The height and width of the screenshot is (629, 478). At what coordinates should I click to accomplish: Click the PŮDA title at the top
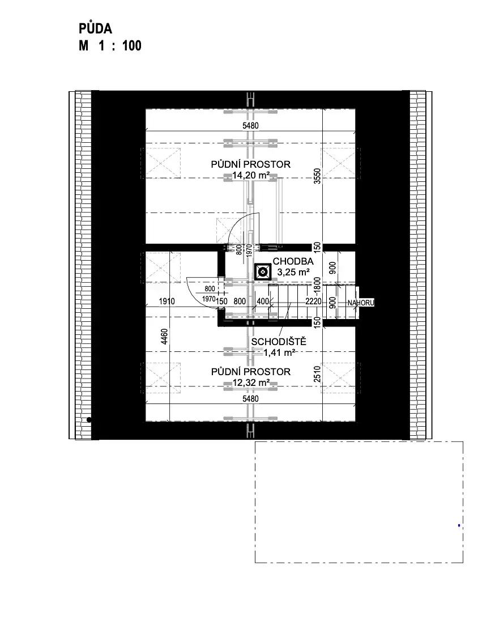[96, 29]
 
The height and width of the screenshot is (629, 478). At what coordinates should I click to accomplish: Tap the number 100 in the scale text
[132, 46]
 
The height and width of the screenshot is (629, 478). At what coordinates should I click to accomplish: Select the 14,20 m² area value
[251, 175]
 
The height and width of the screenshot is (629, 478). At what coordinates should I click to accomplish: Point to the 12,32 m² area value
[251, 382]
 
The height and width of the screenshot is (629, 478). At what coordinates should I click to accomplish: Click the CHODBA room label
[293, 261]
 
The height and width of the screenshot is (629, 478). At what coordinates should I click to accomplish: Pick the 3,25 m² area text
[293, 272]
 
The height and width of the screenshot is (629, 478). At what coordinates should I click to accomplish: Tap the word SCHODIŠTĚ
[279, 342]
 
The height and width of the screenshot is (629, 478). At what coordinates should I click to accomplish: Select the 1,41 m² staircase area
[280, 352]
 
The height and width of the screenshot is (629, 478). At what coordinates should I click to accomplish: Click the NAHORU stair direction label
[361, 303]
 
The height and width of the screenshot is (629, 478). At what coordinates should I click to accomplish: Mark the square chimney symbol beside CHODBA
[263, 272]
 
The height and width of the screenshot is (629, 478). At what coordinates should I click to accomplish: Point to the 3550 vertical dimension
[317, 176]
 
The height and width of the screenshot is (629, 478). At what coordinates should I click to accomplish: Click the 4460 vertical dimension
[164, 337]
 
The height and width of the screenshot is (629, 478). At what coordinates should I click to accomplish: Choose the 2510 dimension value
[317, 374]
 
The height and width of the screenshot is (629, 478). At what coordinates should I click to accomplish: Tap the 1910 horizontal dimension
[167, 301]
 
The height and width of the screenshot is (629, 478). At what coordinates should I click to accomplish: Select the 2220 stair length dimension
[313, 301]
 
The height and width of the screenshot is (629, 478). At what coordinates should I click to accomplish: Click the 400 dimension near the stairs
[263, 301]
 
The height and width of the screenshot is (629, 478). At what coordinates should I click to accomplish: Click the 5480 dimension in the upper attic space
[251, 126]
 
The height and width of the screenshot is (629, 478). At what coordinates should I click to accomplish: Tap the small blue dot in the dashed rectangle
[459, 525]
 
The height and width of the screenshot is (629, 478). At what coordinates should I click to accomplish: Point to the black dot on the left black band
[89, 420]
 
